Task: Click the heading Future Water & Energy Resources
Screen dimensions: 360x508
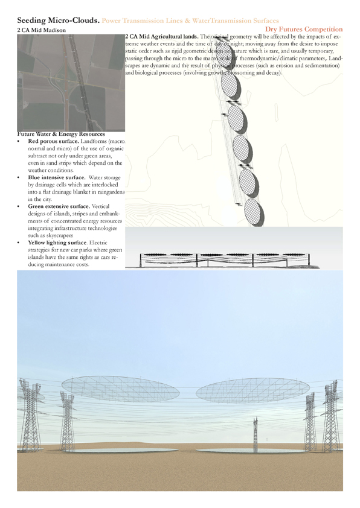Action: click(61, 133)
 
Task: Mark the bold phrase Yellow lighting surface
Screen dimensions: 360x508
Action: click(59, 243)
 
